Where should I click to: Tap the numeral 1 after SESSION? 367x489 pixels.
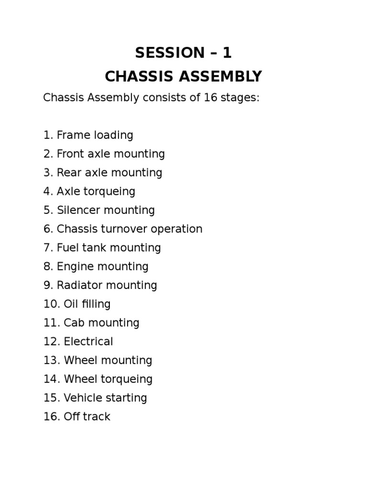tap(227, 53)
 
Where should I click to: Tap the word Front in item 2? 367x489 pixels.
tap(69, 154)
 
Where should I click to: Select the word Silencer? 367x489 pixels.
tap(78, 210)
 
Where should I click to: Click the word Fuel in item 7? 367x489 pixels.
tap(67, 247)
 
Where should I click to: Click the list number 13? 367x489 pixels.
tap(50, 360)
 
